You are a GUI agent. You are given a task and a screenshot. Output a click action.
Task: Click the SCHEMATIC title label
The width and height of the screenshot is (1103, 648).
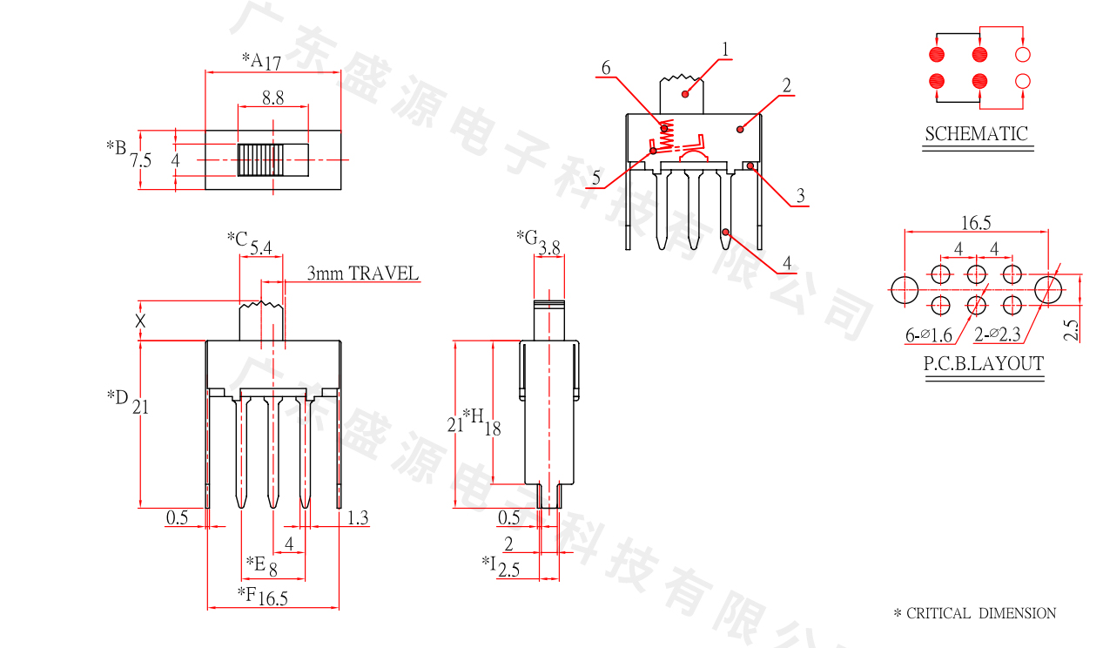coord(976,134)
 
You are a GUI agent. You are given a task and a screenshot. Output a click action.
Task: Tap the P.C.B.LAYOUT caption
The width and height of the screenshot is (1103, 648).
coord(983,364)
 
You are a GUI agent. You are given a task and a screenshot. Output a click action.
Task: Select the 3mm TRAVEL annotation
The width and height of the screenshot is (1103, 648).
coord(362,273)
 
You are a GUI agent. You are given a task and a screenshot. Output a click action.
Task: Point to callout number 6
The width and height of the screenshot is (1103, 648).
coord(606,68)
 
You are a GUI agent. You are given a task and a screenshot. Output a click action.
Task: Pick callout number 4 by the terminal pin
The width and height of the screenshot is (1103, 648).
coord(786,262)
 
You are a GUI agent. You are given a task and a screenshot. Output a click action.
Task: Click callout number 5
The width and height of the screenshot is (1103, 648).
coord(596,179)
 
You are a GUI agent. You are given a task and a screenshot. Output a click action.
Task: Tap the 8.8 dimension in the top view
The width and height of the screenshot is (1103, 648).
coord(272,99)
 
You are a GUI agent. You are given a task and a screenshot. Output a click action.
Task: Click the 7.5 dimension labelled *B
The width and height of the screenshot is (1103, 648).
coord(141,161)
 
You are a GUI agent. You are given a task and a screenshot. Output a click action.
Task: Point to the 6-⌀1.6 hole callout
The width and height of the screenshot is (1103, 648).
coord(929,334)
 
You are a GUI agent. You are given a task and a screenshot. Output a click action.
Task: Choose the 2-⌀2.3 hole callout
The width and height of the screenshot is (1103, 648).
coord(997,334)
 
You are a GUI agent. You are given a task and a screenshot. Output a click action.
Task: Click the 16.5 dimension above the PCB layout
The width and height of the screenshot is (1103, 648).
coord(976,224)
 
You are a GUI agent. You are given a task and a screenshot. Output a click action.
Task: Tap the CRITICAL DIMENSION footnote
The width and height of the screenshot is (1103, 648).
coord(974,613)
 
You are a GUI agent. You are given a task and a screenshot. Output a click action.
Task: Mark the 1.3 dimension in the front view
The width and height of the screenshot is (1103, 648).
coord(358,518)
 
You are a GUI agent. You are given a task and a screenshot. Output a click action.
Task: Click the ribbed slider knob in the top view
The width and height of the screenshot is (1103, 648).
coord(260,160)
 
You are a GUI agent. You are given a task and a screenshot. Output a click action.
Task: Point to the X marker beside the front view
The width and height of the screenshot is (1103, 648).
coord(141,321)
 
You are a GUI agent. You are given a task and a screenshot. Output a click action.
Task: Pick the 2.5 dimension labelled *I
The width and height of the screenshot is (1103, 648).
coord(509,570)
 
